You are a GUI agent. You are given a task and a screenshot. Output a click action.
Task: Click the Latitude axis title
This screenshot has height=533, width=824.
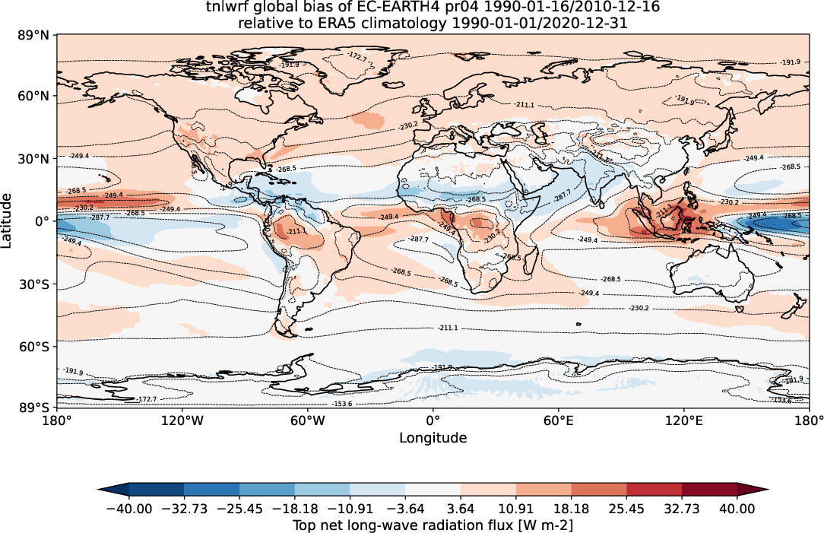coord(8,220)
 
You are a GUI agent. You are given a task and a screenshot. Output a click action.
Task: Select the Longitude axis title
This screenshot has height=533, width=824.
coord(433,438)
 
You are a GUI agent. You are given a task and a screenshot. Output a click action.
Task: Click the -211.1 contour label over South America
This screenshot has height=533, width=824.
coord(296,231)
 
